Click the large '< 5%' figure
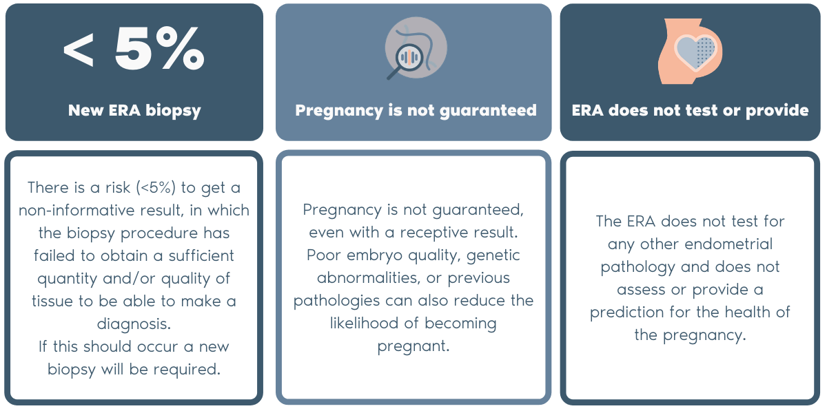[x=134, y=48]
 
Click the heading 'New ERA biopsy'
[x=134, y=111]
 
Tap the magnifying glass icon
[x=406, y=61]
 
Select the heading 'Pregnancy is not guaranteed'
[x=416, y=111]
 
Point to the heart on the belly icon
[x=695, y=52]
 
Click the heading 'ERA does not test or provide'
[x=690, y=110]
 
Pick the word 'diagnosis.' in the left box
[x=134, y=324]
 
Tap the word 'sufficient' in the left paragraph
[x=201, y=255]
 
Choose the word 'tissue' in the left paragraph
[x=53, y=301]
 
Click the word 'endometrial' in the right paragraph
[x=728, y=244]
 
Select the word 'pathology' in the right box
[x=637, y=267]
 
